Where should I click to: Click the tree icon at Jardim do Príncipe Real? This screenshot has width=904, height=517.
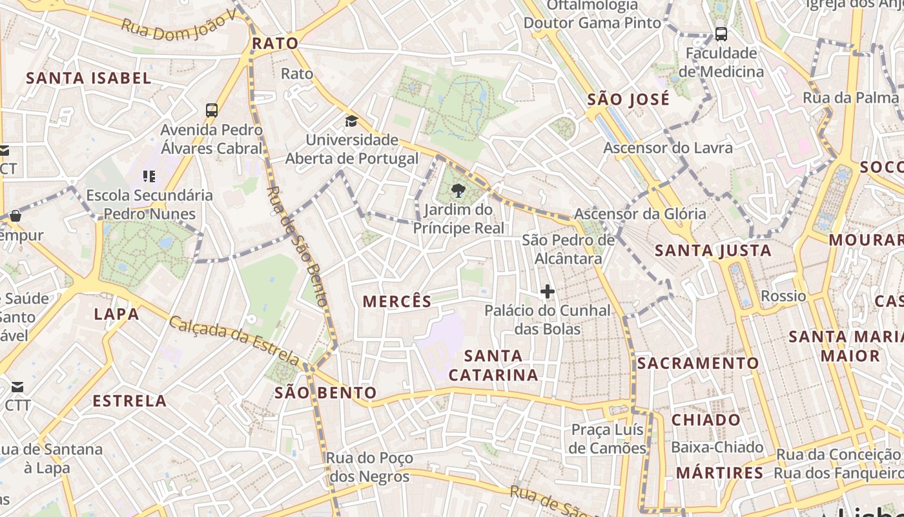click(458, 191)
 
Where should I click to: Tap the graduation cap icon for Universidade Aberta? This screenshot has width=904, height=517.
click(351, 121)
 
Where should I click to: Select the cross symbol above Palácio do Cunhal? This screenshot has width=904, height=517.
click(548, 291)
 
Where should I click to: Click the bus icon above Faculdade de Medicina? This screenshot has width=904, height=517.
click(721, 34)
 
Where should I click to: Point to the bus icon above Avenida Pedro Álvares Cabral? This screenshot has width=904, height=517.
click(212, 111)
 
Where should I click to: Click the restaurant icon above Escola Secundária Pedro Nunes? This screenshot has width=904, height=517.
click(149, 176)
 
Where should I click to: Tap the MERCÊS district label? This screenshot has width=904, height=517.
click(397, 301)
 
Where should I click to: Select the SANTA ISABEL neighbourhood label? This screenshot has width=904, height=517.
click(88, 78)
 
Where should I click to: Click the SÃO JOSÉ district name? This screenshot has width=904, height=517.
click(628, 100)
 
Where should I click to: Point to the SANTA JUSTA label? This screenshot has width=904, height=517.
click(714, 250)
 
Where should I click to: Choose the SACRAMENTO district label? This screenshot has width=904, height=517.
click(698, 363)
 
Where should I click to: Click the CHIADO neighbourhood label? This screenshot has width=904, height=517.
click(706, 420)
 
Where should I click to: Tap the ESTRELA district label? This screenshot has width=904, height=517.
click(130, 401)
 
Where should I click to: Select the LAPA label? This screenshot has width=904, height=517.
click(116, 315)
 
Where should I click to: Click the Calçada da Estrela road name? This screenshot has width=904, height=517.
click(234, 341)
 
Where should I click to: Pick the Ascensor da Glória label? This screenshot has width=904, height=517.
click(640, 213)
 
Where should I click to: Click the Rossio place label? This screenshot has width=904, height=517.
click(783, 296)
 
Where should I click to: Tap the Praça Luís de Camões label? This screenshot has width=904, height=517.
click(608, 439)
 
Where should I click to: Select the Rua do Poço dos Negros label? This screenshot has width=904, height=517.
click(369, 467)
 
